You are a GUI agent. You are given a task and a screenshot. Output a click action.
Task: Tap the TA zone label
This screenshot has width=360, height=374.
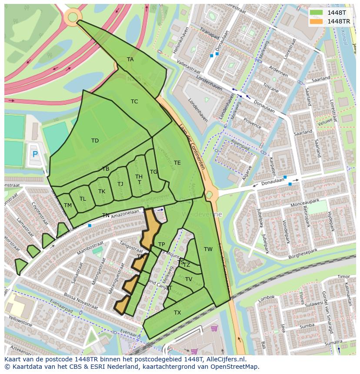pos(130,60)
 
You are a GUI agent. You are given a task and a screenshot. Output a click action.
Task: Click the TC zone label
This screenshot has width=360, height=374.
pos(134,102)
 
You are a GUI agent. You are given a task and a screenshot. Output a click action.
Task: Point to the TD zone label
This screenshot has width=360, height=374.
pos(95,141)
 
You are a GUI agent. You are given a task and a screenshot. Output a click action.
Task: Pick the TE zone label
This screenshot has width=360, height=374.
pos(177,163)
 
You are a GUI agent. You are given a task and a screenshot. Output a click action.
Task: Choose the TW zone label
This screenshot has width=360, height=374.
pos(208,249)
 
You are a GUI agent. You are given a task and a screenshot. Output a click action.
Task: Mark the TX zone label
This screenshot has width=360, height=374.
pos(177,313)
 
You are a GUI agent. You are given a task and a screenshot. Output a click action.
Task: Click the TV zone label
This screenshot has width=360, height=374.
pos(189,279)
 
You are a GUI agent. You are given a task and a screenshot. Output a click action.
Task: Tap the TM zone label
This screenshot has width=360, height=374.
pos(68,205)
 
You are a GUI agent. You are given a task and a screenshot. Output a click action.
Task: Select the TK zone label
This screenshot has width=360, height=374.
pos(102,192)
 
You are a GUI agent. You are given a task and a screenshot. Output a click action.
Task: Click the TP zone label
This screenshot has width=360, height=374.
pos(161,245)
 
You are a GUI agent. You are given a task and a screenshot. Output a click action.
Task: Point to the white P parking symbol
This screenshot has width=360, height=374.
pos(35,154)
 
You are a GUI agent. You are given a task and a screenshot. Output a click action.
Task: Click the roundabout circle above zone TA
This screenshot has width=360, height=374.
pos(73,17)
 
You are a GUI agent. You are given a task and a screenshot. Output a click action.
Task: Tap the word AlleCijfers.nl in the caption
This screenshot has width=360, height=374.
pos(226,359)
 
